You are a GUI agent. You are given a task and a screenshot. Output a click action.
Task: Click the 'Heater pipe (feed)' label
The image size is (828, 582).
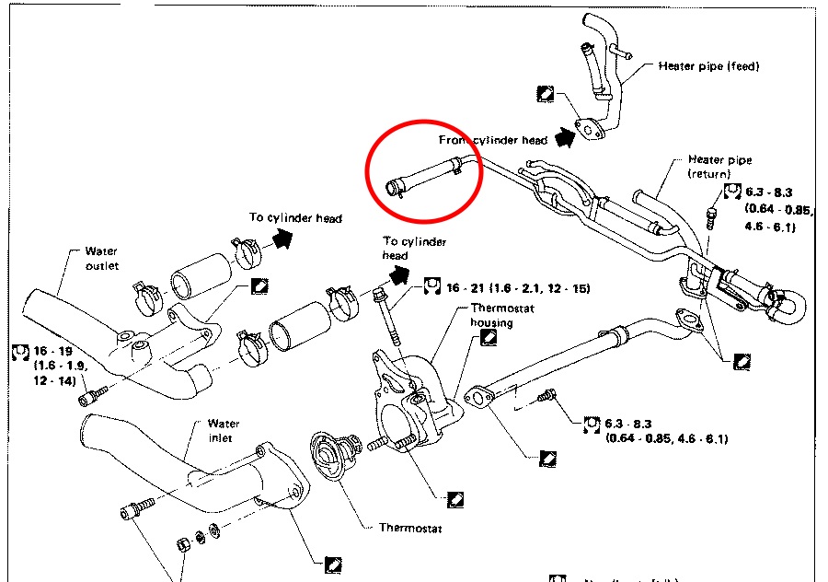708,66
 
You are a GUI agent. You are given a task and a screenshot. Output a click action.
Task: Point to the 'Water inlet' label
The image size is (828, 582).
224,430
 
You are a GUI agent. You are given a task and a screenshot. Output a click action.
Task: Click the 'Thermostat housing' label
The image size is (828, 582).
501,315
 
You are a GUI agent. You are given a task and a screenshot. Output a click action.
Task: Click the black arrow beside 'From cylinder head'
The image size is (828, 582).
564,137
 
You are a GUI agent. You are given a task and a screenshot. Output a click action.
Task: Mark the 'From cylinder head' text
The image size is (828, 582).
493,140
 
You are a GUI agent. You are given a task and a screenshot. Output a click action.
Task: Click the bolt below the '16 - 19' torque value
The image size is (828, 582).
90,396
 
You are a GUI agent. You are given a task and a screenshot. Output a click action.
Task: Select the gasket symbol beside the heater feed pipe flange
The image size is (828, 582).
546,92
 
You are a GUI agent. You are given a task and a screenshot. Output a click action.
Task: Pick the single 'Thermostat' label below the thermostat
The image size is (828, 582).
410,529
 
